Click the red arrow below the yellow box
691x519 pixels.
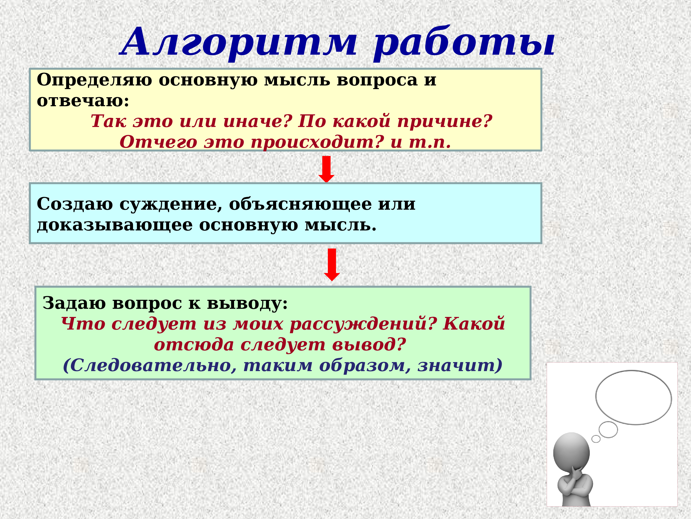(x=326, y=169)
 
